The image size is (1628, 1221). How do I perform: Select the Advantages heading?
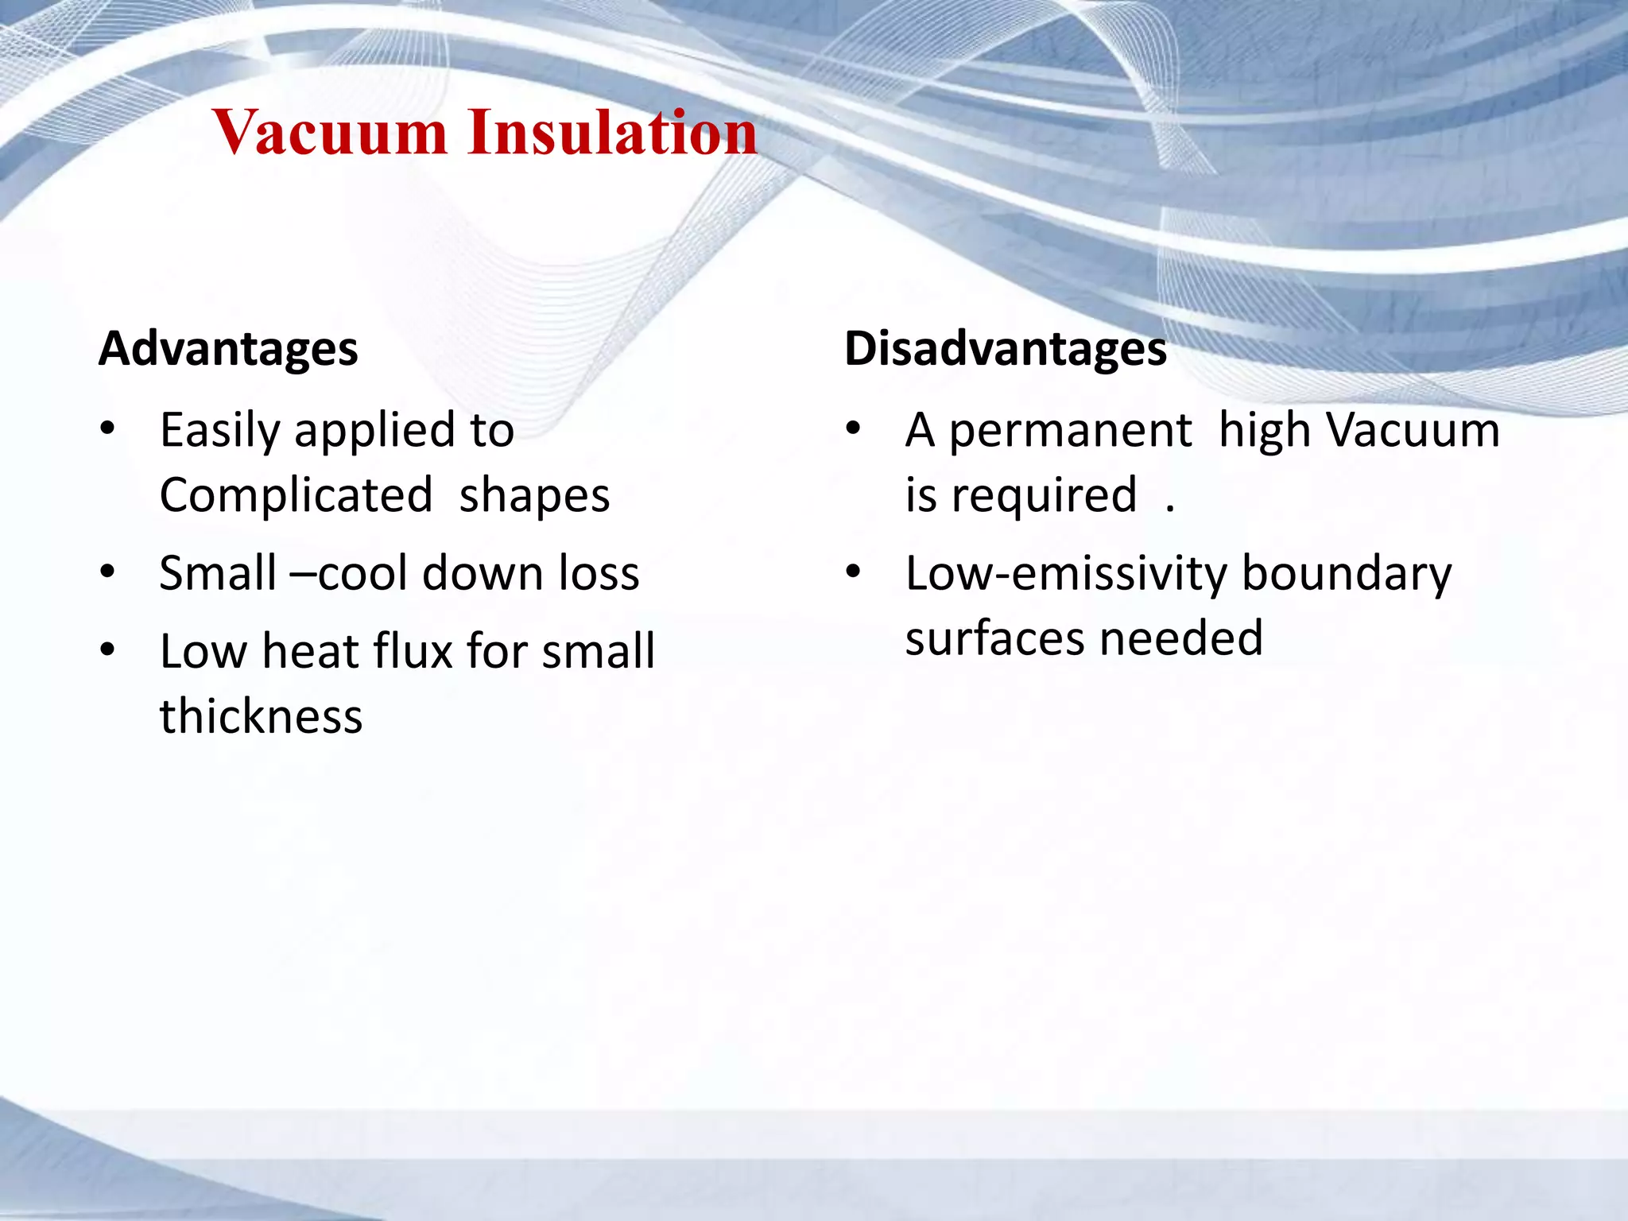click(x=228, y=349)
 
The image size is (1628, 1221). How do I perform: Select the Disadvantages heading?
click(x=1005, y=349)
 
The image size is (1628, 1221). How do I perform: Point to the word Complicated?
click(x=296, y=496)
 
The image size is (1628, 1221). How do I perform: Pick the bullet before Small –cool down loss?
click(x=108, y=572)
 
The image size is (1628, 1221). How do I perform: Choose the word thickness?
click(x=261, y=716)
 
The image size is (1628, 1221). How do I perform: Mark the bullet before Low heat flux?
click(x=108, y=651)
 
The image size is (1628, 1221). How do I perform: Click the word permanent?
click(x=1070, y=432)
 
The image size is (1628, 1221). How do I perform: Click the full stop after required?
click(x=1169, y=510)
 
